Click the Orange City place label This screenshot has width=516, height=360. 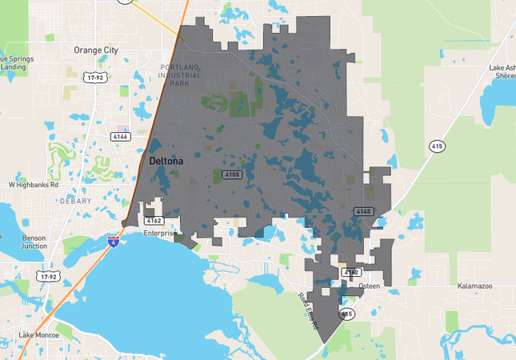coord(95,50)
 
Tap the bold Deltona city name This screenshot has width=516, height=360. coord(166,161)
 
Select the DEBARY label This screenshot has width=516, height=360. coord(75,202)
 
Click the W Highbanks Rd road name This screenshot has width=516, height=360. coord(34,184)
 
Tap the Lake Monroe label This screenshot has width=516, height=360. coord(38,334)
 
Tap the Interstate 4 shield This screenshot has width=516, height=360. coord(114,240)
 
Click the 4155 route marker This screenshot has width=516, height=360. coord(232,174)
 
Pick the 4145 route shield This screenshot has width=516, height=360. coord(364,211)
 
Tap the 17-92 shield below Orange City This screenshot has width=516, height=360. coord(97,78)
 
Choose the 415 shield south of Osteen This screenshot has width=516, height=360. coord(346,314)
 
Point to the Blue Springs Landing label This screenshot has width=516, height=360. coord(16,62)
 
